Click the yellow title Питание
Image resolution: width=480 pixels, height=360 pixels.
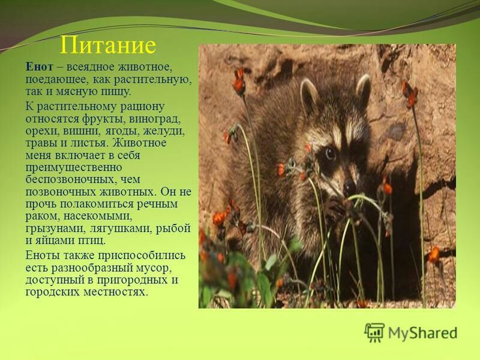[x=108, y=46]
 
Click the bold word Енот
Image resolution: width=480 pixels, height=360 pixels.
[x=39, y=67]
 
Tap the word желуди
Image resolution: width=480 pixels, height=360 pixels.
[x=166, y=132]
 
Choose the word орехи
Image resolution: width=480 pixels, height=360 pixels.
[x=43, y=132]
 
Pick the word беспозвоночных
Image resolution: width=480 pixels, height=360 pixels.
[x=71, y=179]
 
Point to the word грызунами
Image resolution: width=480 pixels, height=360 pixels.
[x=52, y=229]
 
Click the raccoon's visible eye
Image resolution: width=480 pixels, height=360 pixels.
[x=330, y=152]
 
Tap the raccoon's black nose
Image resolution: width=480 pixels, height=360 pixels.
[x=349, y=186]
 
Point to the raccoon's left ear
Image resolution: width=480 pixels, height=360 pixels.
[x=310, y=94]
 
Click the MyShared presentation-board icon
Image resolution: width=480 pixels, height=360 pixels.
[x=374, y=332]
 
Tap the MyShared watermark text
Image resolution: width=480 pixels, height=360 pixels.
[x=423, y=333]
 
